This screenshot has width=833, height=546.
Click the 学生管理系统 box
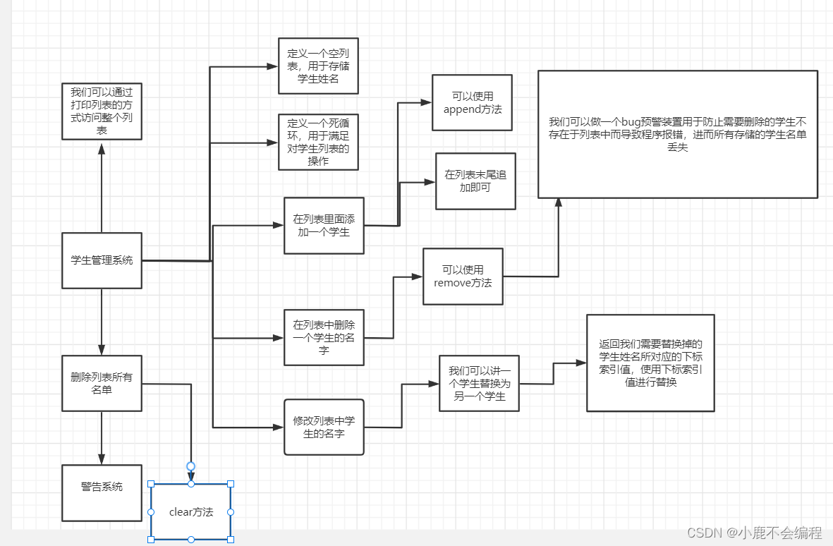(x=102, y=260)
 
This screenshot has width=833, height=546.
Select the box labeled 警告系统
(x=102, y=492)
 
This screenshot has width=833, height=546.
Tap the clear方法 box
(x=190, y=512)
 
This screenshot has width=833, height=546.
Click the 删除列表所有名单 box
(x=102, y=383)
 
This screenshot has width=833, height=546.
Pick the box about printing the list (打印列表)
(x=102, y=111)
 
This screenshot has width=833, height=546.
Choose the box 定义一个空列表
(x=318, y=66)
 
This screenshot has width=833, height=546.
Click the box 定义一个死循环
(x=318, y=142)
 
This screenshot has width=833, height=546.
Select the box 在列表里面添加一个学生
(x=324, y=225)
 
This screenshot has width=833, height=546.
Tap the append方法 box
(x=472, y=102)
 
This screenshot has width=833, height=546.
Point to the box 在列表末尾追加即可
(x=475, y=181)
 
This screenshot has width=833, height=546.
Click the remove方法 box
(x=463, y=276)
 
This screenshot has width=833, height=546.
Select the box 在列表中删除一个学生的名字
(x=324, y=337)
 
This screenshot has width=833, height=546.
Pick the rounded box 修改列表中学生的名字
(x=324, y=427)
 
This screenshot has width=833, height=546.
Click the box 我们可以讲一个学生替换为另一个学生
(x=479, y=383)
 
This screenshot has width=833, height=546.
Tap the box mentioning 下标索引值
(x=650, y=363)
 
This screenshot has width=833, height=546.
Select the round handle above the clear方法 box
(x=190, y=466)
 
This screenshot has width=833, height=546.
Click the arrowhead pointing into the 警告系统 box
(x=102, y=459)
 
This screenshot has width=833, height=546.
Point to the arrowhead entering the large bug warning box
(x=559, y=202)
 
